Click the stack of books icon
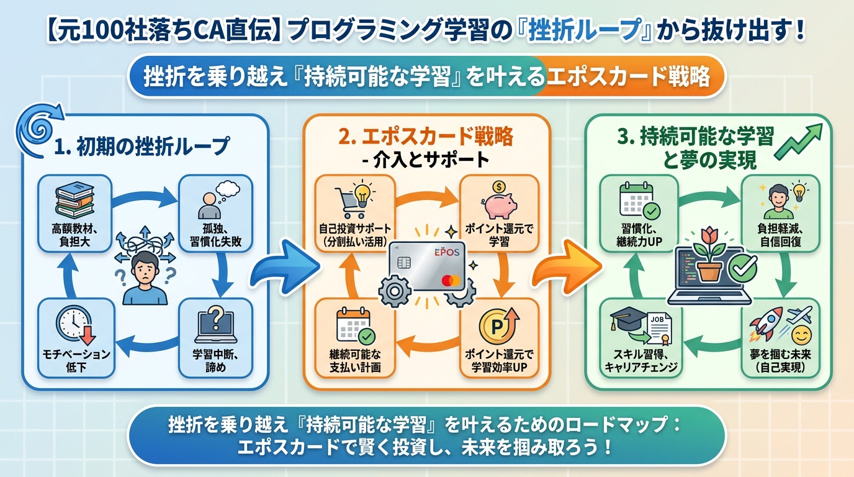click(x=74, y=199)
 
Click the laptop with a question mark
click(x=215, y=322)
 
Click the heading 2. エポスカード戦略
click(x=426, y=136)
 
